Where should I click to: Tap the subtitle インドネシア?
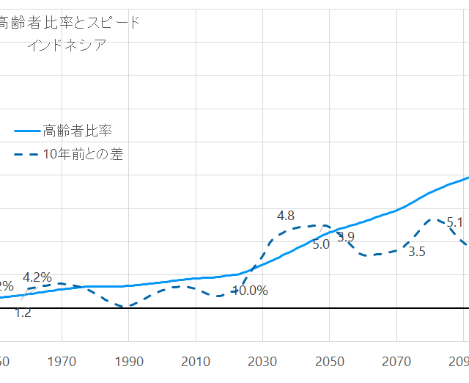67,45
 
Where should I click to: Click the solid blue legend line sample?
27,131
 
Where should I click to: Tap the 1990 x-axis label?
128,361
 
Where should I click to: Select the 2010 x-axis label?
196,361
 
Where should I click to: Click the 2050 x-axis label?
329,361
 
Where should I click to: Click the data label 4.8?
286,216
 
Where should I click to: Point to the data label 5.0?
321,245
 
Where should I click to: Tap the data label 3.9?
346,236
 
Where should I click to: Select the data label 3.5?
416,252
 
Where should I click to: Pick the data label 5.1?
454,222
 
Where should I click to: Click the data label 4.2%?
37,277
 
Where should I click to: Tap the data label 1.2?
23,313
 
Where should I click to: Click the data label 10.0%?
250,290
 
